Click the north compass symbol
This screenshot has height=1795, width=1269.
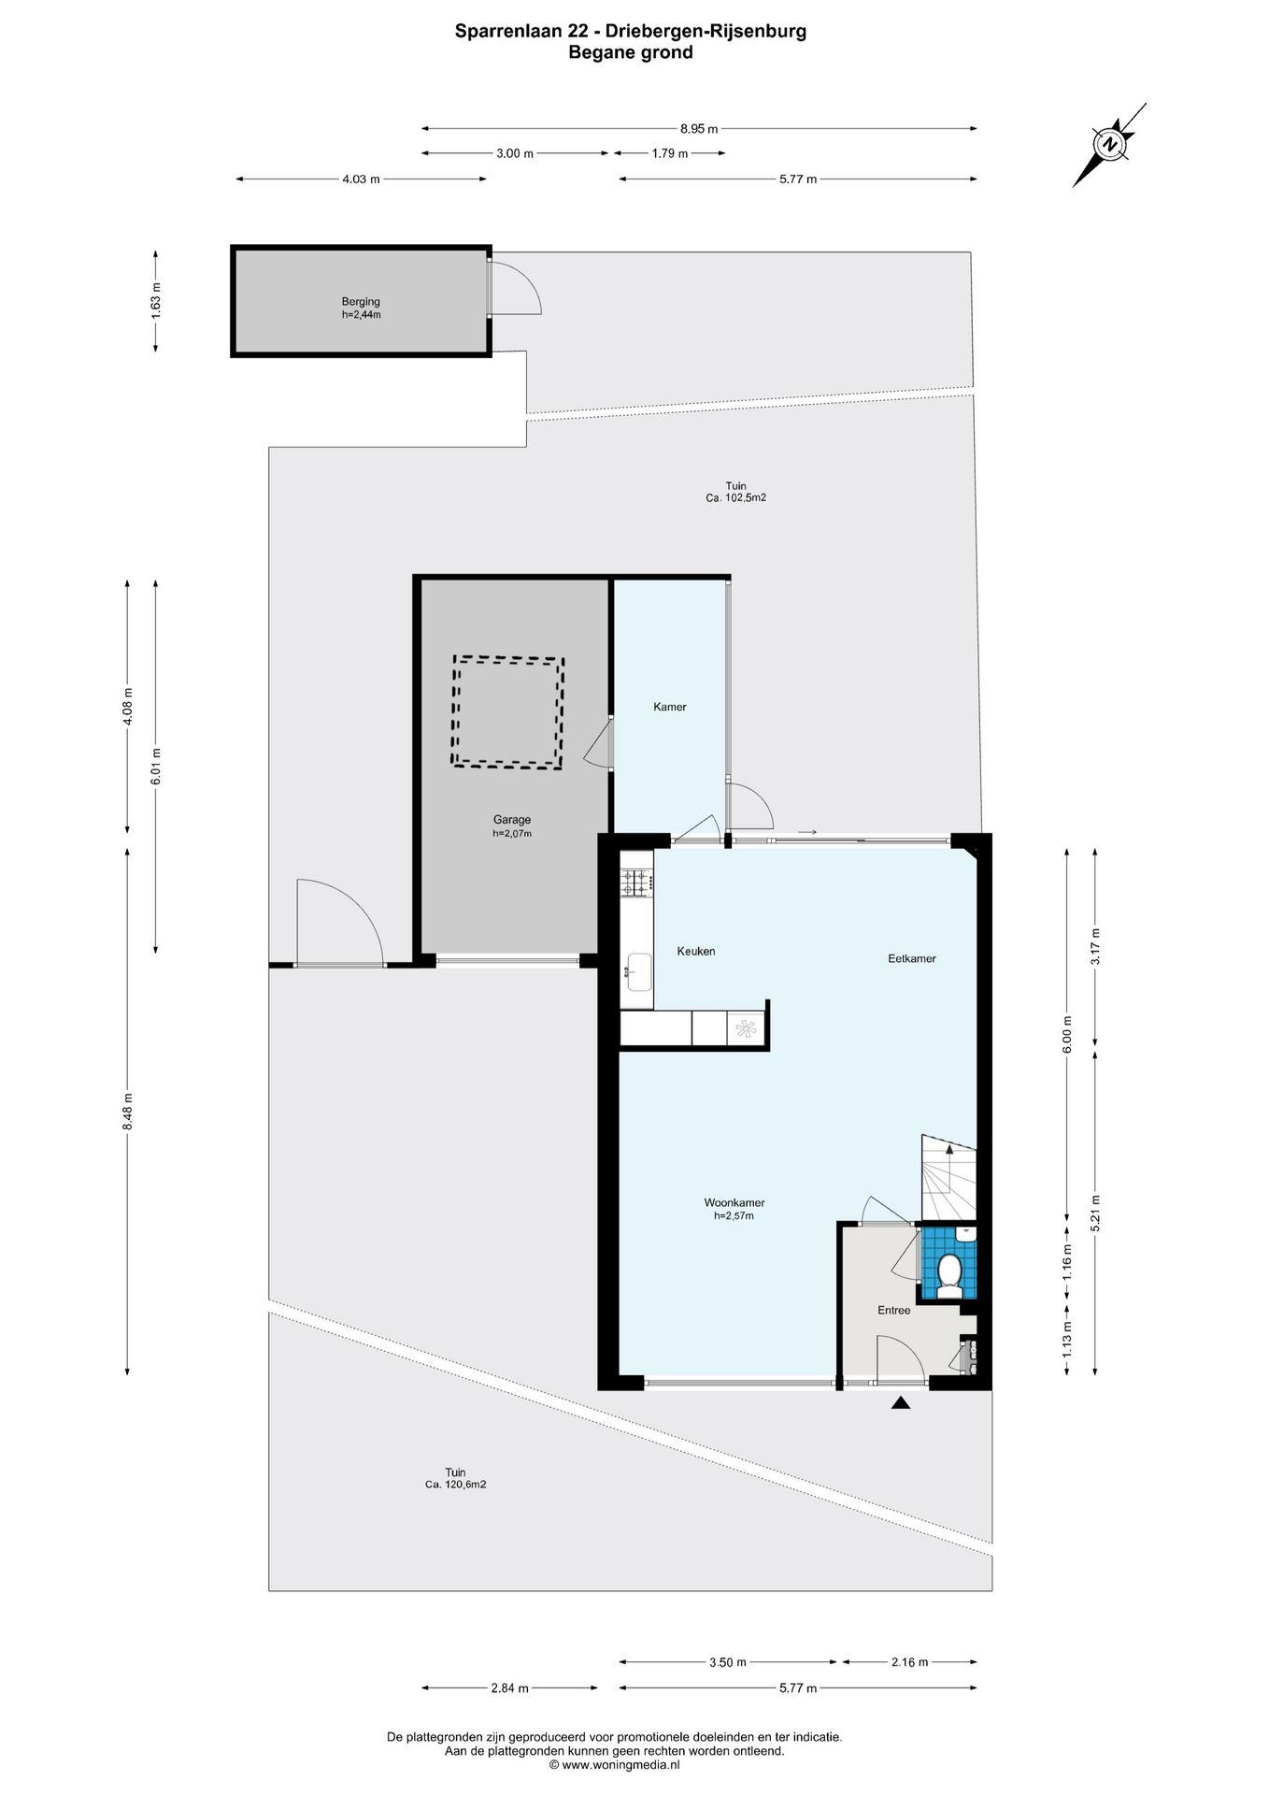point(1110,145)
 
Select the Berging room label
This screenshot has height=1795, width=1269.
point(361,302)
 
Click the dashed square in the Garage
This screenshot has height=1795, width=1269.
point(508,711)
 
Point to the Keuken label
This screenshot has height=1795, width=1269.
point(696,951)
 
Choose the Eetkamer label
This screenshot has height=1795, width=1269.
point(911,958)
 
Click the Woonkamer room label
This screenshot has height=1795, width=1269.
point(734,1202)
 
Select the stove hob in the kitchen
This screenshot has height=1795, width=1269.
point(636,882)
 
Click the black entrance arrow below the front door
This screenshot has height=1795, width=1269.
point(901,1402)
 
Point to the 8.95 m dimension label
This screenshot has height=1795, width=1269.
point(699,129)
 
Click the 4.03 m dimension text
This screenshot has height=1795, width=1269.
point(361,179)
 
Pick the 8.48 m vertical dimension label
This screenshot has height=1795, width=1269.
point(127,1111)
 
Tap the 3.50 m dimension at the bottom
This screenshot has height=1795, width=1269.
point(728,1662)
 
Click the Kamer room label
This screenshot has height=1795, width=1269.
point(669,707)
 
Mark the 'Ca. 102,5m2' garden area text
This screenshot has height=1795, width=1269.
point(736,498)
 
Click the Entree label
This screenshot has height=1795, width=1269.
point(893,1310)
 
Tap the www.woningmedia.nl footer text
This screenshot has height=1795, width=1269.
point(614,1765)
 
